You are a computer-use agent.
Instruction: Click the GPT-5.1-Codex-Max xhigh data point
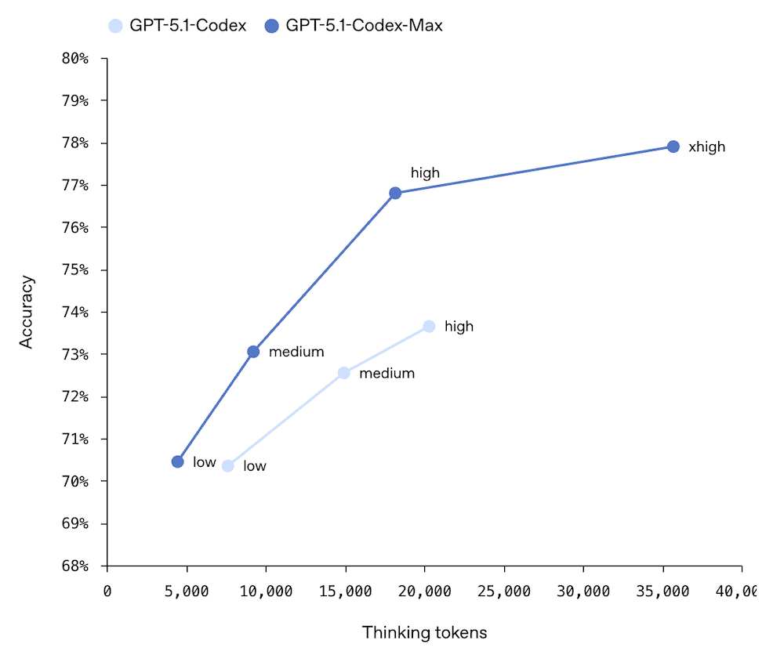pyautogui.click(x=673, y=146)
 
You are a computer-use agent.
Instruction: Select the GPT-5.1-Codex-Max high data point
pyautogui.click(x=395, y=193)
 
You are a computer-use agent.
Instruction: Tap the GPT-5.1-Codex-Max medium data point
pyautogui.click(x=253, y=352)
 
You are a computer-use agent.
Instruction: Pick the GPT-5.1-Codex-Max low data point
pyautogui.click(x=178, y=461)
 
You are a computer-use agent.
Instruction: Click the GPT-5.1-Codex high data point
pyautogui.click(x=429, y=326)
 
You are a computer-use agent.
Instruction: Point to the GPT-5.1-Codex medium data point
pyautogui.click(x=343, y=373)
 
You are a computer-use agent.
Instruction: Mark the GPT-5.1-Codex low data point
pyautogui.click(x=228, y=466)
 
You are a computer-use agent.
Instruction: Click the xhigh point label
pyautogui.click(x=706, y=147)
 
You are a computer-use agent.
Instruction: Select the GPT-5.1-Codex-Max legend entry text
pyautogui.click(x=364, y=26)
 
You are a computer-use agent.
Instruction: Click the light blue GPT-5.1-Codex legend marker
pyautogui.click(x=115, y=26)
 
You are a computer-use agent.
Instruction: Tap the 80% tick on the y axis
pyautogui.click(x=76, y=59)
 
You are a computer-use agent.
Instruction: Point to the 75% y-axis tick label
pyautogui.click(x=76, y=270)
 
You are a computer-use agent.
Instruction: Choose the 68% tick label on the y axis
pyautogui.click(x=76, y=566)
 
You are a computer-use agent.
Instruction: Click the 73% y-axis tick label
pyautogui.click(x=76, y=355)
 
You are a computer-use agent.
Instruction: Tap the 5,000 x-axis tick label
pyautogui.click(x=187, y=591)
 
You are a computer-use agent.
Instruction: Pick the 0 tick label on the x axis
pyautogui.click(x=107, y=591)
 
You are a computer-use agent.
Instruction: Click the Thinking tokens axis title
pyautogui.click(x=424, y=632)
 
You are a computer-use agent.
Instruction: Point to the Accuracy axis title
pyautogui.click(x=27, y=311)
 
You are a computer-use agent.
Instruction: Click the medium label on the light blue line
pyautogui.click(x=387, y=374)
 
